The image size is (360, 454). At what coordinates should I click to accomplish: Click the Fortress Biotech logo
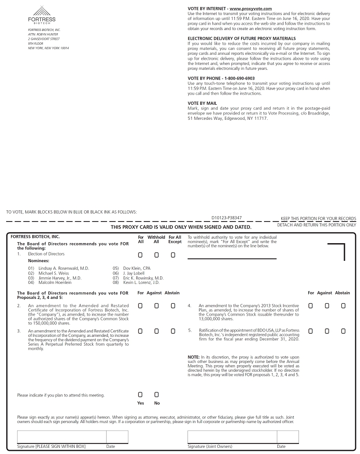42,15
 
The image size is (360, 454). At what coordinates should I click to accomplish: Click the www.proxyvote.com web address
250,9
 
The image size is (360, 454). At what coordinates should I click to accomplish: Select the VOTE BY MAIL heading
202,103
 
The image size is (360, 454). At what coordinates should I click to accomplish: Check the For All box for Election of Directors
140,255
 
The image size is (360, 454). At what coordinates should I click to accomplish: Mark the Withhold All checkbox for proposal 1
157,255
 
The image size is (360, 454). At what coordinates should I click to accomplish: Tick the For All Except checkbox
173,255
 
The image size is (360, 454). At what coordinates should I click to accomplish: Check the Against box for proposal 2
157,306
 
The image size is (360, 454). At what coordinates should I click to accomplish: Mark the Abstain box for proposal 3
173,331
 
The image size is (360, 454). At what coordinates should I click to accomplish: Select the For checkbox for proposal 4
311,306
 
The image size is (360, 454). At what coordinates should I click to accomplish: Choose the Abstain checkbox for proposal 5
344,331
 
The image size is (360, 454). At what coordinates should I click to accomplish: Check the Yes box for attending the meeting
140,394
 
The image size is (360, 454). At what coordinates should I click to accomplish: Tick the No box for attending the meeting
157,394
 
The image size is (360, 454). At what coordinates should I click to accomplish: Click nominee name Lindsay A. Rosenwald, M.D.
64,268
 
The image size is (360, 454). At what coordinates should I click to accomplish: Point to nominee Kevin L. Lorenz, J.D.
141,282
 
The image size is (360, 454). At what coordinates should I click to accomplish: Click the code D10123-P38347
226,218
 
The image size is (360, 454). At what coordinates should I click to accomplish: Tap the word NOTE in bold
193,357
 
